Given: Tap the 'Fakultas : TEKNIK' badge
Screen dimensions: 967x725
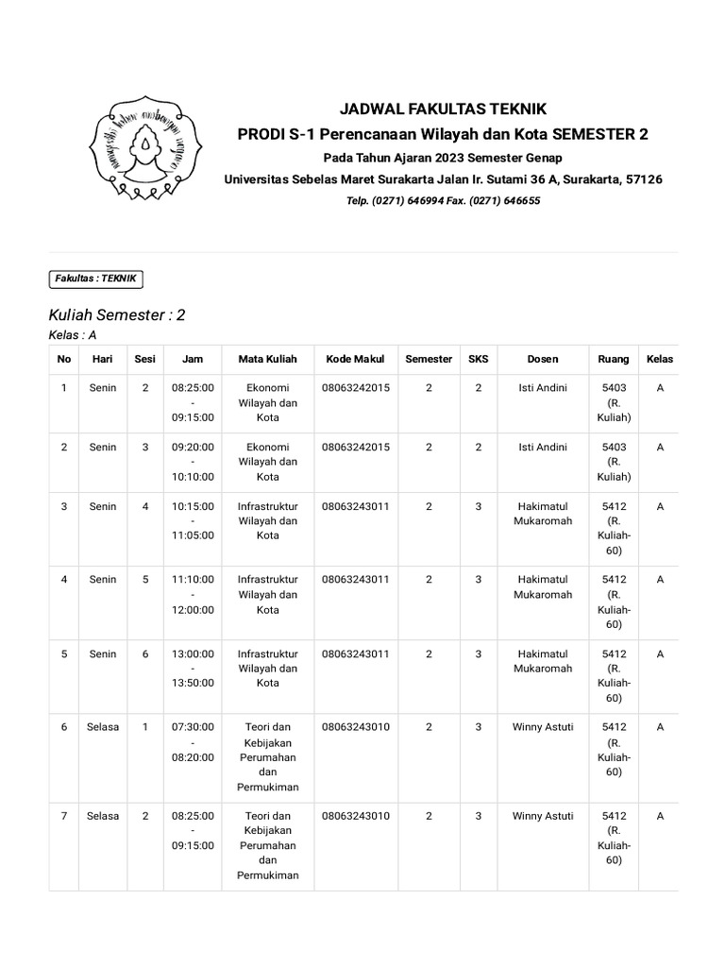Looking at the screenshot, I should (96, 279).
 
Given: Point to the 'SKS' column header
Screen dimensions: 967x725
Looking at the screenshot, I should (478, 359).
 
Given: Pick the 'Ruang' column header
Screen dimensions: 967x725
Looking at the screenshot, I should (614, 359).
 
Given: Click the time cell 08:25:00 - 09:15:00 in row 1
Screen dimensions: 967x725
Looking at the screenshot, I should (193, 402).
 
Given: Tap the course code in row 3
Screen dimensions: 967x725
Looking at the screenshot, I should (355, 506).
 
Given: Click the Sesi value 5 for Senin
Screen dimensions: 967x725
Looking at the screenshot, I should (145, 579).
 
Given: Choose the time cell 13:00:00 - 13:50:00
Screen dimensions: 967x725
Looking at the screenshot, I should (193, 668).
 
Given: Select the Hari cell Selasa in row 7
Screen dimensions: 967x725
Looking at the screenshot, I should (103, 816).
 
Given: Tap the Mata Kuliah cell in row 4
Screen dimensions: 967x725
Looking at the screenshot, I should (268, 594).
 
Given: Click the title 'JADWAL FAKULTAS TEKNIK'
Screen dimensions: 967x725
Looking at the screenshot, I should (443, 109).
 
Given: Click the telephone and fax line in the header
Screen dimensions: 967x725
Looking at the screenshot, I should (443, 201).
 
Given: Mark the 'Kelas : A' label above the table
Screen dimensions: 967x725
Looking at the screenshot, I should (73, 335).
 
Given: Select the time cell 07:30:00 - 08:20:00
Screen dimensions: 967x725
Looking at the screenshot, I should (193, 742).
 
